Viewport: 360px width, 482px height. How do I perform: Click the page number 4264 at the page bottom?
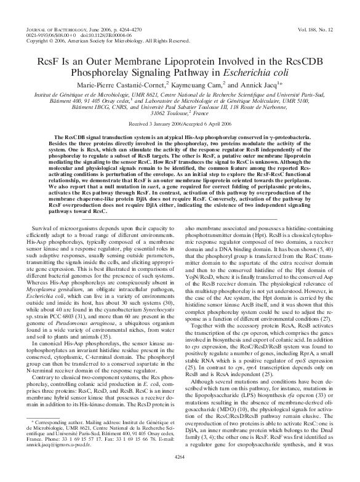(x=180, y=474)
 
